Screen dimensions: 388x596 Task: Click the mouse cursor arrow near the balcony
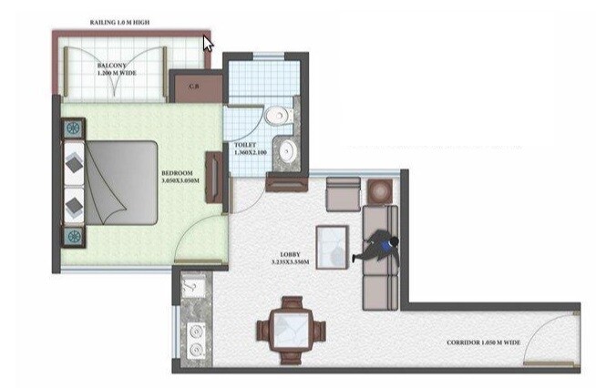click(x=208, y=43)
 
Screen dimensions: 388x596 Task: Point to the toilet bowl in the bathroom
click(x=277, y=116)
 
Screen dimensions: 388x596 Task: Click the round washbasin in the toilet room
click(x=289, y=149)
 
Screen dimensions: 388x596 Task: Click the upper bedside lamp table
click(x=73, y=129)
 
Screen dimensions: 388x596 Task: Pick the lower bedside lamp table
click(x=73, y=236)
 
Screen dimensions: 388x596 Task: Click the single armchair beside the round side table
click(x=343, y=194)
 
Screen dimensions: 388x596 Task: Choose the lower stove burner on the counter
click(x=193, y=348)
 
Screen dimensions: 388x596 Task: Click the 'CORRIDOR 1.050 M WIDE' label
click(x=485, y=342)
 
